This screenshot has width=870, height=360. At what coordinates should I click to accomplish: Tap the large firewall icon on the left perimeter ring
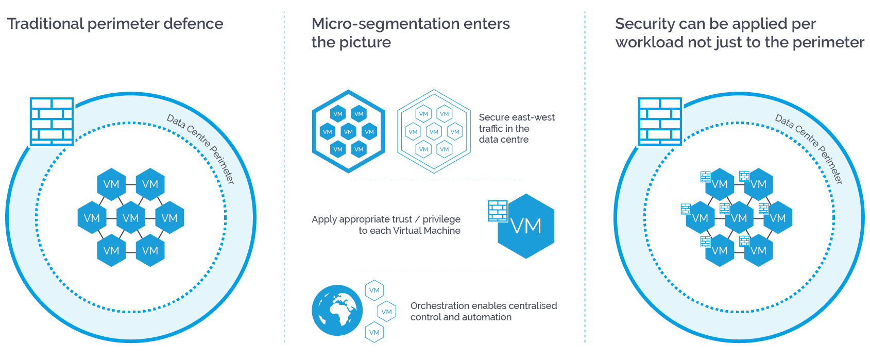52,122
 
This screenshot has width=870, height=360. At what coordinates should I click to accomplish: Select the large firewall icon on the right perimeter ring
660,122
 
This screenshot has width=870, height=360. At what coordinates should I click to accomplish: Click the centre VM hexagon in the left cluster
131,218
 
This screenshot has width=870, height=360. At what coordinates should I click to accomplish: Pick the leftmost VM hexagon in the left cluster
92,218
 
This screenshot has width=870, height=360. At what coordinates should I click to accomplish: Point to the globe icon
337,311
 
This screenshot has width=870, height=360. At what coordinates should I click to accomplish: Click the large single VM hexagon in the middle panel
526,226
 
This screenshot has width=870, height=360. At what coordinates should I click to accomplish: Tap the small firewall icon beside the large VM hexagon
498,211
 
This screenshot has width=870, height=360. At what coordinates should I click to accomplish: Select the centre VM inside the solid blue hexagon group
348,132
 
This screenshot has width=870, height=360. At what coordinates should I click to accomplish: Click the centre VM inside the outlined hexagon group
434,132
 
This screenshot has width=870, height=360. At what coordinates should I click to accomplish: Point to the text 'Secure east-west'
516,117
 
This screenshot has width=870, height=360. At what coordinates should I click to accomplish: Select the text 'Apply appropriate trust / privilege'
386,219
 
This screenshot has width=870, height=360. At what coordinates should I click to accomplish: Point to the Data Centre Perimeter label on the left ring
201,149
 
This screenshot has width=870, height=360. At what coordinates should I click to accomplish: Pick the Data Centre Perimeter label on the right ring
809,149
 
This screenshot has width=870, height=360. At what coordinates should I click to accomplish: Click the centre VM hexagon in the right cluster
739,218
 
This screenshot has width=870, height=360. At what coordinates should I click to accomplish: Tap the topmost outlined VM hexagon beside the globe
374,290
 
